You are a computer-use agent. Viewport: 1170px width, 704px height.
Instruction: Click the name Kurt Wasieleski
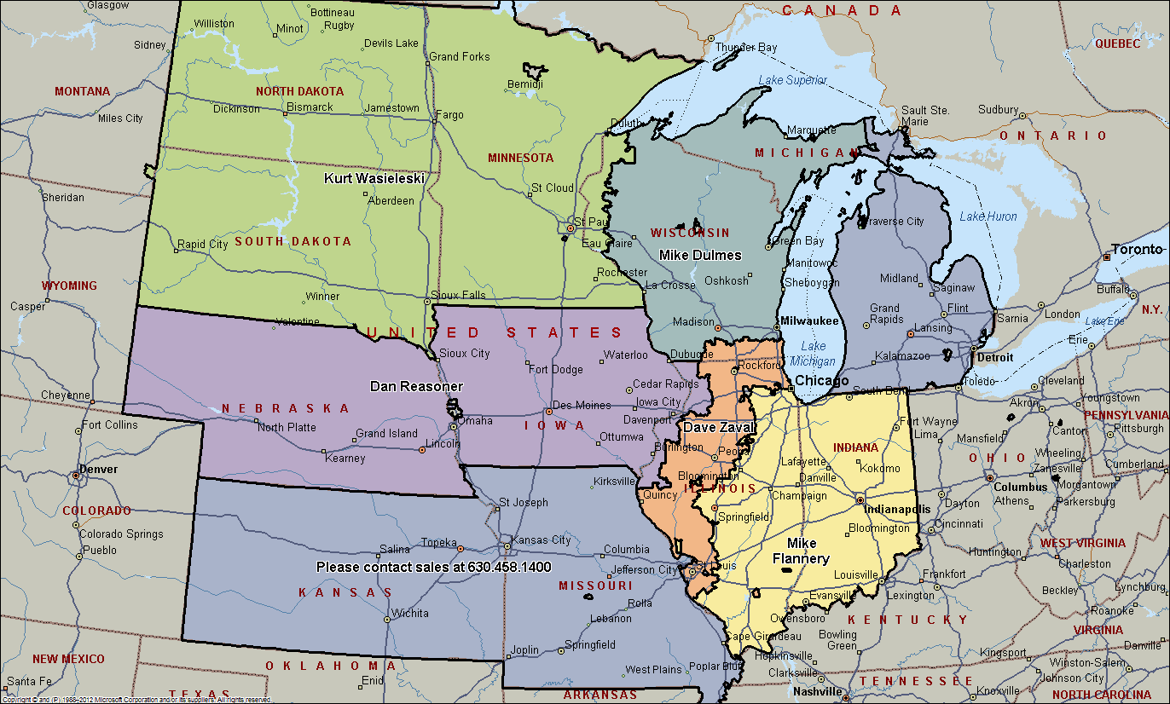(374, 178)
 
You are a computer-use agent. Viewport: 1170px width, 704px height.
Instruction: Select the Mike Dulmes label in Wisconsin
(700, 255)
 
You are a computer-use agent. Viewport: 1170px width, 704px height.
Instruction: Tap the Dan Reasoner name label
(416, 386)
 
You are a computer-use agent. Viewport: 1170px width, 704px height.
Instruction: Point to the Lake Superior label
(793, 80)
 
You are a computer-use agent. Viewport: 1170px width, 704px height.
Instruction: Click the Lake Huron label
(988, 216)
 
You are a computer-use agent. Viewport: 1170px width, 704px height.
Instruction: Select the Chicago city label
(821, 380)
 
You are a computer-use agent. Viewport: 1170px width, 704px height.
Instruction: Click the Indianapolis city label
(897, 509)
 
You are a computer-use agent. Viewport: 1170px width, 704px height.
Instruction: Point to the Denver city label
(99, 470)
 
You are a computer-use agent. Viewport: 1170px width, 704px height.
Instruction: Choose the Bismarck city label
(310, 107)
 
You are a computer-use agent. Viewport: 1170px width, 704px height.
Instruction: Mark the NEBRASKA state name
(286, 408)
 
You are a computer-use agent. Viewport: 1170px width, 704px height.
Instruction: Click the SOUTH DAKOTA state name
(292, 241)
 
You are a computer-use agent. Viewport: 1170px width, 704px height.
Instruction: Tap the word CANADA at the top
(842, 10)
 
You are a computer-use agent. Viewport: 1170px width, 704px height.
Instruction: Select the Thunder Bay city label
(746, 48)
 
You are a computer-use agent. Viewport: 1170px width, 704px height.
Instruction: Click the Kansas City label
(541, 540)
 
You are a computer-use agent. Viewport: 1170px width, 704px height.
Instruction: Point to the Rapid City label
(202, 245)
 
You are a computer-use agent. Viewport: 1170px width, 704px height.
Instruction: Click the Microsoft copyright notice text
(136, 700)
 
